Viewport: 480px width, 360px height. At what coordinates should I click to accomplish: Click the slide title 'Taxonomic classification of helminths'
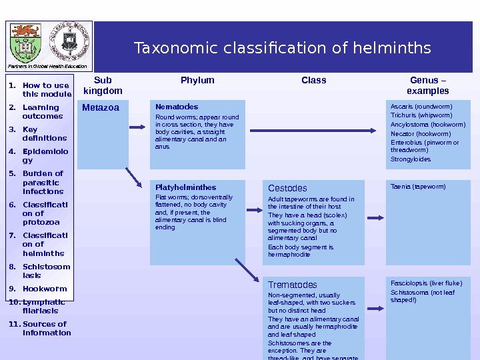tap(282, 49)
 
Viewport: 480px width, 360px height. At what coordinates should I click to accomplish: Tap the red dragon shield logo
tap(26, 41)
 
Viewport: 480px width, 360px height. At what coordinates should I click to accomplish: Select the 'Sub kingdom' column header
tap(103, 85)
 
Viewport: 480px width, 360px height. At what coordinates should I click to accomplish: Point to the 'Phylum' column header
tap(197, 80)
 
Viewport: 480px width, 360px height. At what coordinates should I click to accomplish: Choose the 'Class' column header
tap(313, 80)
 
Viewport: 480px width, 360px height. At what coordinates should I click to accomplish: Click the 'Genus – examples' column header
tap(427, 85)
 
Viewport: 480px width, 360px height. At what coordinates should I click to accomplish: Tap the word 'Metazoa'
tap(101, 107)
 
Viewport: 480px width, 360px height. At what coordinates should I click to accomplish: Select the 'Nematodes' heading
tap(177, 107)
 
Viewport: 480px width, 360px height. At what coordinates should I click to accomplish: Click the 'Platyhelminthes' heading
tap(185, 187)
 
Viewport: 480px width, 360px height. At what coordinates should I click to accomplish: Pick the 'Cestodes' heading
tap(287, 189)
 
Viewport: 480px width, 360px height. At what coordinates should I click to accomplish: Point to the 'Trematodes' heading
tap(293, 285)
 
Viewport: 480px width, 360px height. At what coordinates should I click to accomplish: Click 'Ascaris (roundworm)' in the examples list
tap(421, 107)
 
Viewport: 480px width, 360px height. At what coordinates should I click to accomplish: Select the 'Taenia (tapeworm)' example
tap(418, 187)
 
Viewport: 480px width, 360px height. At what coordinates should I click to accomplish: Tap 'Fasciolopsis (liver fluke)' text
tap(426, 283)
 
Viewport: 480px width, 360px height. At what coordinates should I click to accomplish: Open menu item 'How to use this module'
tap(45, 89)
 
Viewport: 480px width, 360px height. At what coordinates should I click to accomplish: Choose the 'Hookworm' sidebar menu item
tap(45, 289)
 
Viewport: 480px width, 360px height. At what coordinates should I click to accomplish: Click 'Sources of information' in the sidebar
tap(46, 329)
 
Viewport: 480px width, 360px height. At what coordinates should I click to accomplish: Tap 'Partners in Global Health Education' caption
tap(48, 67)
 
